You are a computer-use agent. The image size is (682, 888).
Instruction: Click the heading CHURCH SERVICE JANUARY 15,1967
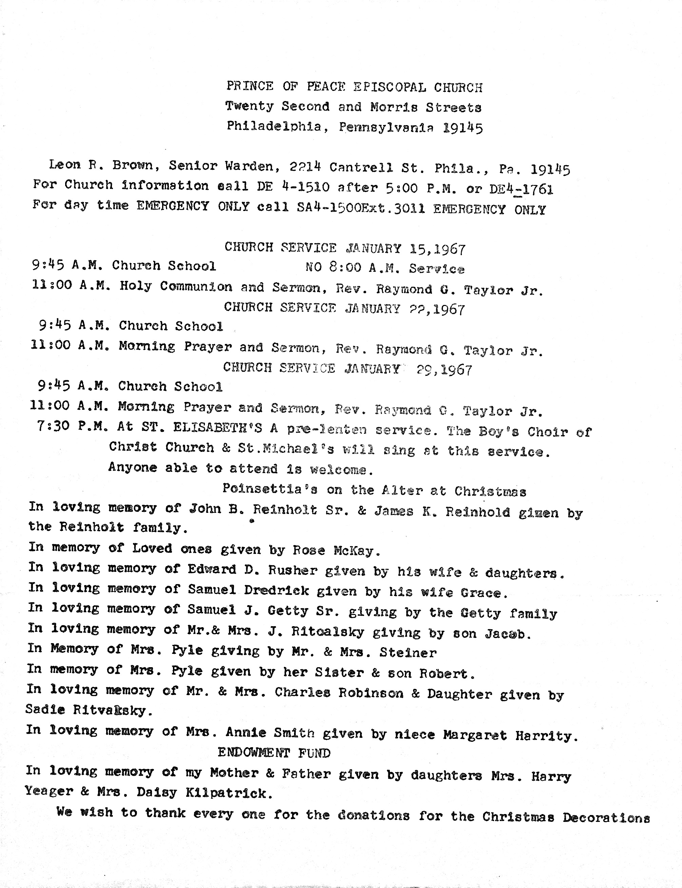345,248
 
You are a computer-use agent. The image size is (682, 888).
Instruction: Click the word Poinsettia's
270,488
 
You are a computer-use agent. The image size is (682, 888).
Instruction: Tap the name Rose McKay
336,550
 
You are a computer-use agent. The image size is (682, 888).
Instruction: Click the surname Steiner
408,653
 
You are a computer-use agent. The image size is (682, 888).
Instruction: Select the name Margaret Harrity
510,735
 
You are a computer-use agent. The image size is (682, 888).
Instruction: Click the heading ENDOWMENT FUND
274,753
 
